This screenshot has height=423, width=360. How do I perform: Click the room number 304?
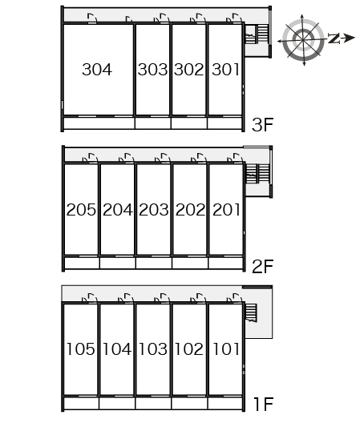click(97, 70)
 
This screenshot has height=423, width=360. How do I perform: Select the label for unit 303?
click(152, 70)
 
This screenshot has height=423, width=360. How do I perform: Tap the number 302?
click(188, 70)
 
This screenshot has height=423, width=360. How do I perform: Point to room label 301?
click(225, 70)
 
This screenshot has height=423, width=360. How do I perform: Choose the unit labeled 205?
click(81, 210)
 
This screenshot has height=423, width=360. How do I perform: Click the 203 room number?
click(154, 210)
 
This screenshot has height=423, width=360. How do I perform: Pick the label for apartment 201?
click(226, 210)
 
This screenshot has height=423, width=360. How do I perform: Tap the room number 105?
click(80, 348)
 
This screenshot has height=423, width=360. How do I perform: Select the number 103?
click(153, 348)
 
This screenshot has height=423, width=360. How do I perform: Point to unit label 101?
click(226, 348)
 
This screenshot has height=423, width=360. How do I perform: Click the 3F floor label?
click(262, 125)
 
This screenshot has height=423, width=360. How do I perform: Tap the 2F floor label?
click(262, 267)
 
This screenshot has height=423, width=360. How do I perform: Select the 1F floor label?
click(264, 404)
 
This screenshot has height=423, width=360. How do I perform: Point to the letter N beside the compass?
click(334, 38)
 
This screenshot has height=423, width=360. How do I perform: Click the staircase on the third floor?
click(257, 34)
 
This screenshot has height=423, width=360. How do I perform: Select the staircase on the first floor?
click(251, 312)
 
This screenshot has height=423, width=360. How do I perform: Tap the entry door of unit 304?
click(92, 18)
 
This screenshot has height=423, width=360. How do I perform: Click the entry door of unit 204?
click(127, 158)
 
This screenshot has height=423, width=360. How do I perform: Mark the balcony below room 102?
click(189, 403)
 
